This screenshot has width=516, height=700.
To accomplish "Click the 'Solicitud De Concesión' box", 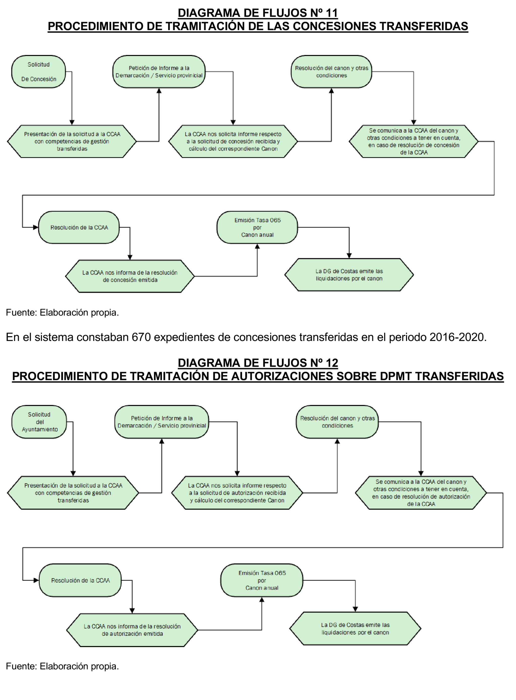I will [38, 72].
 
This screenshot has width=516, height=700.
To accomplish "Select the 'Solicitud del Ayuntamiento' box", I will [39, 422].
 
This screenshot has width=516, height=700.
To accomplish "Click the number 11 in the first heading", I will [331, 13].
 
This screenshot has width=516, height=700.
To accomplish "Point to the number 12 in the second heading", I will [332, 363].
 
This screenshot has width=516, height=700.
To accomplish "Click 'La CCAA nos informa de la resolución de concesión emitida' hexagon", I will [130, 276].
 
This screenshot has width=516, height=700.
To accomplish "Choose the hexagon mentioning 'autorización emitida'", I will [132, 630].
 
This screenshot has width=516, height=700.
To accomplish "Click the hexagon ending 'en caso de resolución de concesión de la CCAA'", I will [414, 141].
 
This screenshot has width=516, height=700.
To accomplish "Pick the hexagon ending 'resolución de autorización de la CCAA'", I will [421, 493].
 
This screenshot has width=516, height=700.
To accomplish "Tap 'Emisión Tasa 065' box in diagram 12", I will [262, 580].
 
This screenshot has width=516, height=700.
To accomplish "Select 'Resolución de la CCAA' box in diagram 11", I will [79, 227].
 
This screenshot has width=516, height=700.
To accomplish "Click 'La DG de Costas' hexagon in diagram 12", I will [355, 628].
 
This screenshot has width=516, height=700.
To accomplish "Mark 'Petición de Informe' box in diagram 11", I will [159, 72].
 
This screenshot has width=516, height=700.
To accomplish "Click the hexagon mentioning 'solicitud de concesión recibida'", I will [233, 141].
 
